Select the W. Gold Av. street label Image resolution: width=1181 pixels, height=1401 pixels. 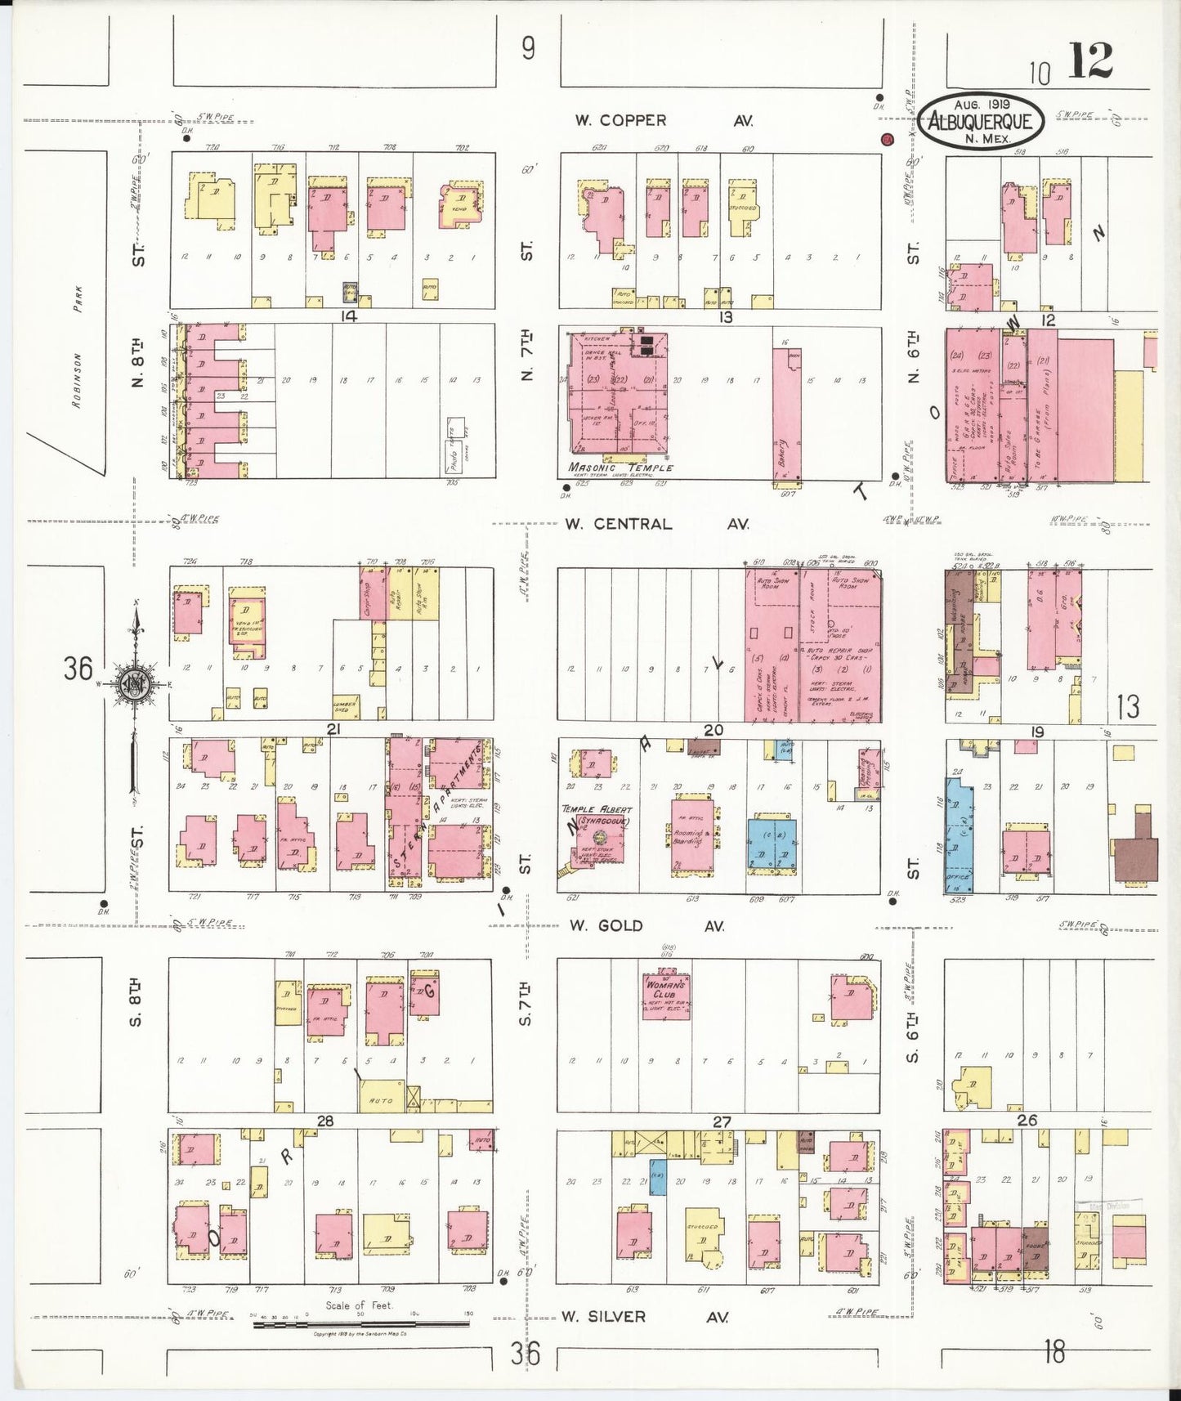(646, 925)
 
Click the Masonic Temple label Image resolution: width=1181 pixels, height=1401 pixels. (621, 468)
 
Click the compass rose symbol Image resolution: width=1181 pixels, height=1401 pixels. (133, 683)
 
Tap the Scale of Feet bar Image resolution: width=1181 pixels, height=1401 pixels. (360, 1323)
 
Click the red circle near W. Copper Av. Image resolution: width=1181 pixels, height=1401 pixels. (888, 140)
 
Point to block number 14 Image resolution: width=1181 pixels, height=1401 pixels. (348, 316)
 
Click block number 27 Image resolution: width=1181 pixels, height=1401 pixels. (721, 1121)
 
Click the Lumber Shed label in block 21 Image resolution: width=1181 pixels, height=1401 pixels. (342, 705)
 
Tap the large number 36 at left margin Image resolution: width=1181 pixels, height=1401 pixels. (78, 669)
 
